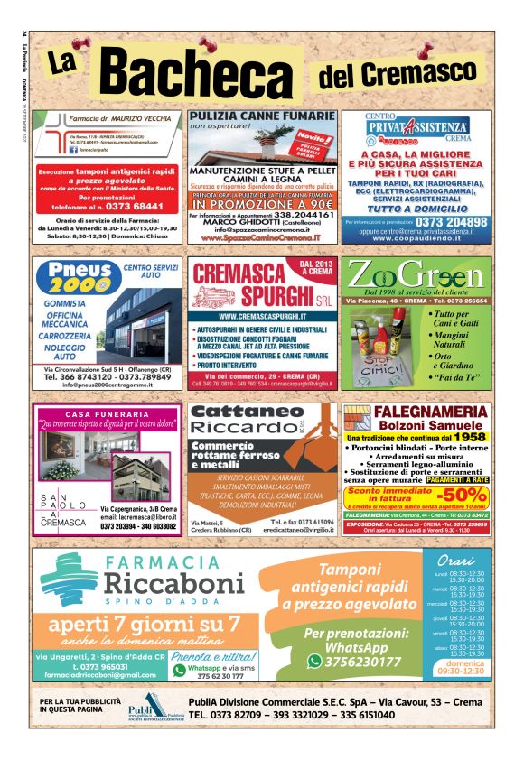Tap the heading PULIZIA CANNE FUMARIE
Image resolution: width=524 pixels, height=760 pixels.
tap(261, 118)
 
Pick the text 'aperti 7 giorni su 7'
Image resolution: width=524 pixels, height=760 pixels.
tap(145, 626)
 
